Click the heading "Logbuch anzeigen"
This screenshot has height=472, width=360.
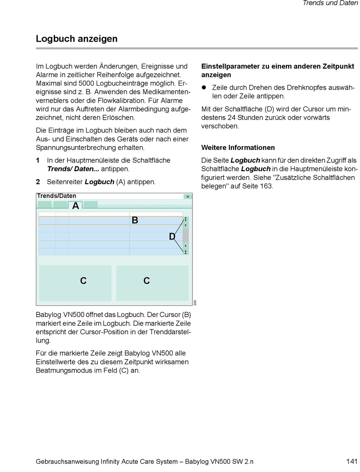(77, 39)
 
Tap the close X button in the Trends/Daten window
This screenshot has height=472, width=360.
(188, 197)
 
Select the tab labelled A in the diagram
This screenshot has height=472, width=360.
(75, 205)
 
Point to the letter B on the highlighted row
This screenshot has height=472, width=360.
(135, 220)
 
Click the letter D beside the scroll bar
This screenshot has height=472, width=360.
(172, 237)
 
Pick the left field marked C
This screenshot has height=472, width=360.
(75, 283)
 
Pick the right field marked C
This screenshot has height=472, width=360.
(152, 283)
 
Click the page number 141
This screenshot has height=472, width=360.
(352, 461)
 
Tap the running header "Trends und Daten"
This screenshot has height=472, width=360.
(330, 3)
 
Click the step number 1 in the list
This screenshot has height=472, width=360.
(38, 160)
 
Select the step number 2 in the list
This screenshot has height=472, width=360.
(38, 182)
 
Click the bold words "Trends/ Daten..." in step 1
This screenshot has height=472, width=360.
(73, 169)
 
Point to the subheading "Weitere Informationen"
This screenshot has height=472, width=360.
(238, 147)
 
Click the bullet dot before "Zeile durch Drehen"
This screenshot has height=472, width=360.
(203, 88)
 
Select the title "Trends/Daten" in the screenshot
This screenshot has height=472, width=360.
(57, 196)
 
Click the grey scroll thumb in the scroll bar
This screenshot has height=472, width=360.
(186, 236)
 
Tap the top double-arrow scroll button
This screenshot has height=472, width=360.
(186, 219)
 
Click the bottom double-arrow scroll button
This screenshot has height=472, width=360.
(186, 252)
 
